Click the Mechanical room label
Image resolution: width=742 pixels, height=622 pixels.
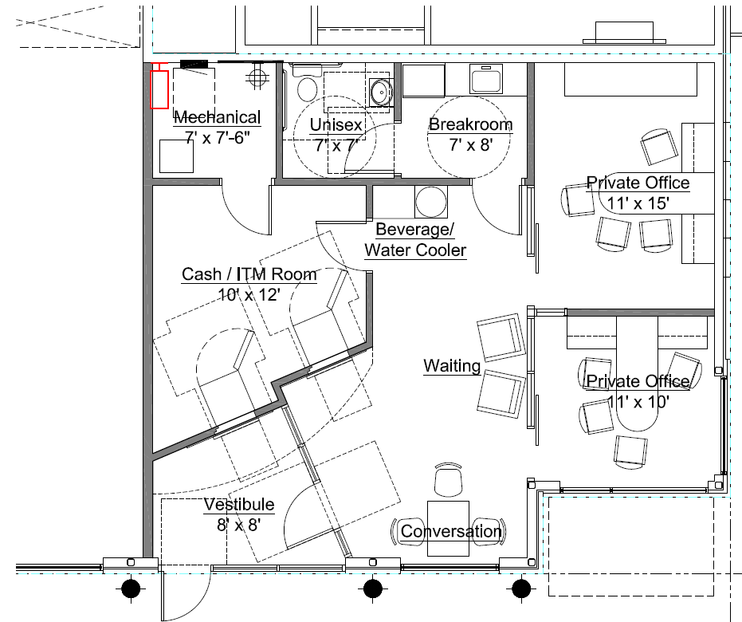pyautogui.click(x=218, y=117)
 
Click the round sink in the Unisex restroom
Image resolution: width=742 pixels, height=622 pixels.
pyautogui.click(x=380, y=92)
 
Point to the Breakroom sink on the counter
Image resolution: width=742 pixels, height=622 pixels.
pyautogui.click(x=486, y=79)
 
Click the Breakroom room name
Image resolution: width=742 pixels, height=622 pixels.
pyautogui.click(x=470, y=124)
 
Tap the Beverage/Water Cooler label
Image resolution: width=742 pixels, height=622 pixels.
pyautogui.click(x=415, y=239)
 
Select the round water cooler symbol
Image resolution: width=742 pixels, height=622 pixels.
pyautogui.click(x=430, y=202)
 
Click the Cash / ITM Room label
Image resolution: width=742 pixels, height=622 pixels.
pyautogui.click(x=249, y=274)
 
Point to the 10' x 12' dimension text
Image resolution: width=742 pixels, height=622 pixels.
pyautogui.click(x=249, y=295)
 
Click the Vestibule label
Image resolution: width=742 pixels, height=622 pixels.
pyautogui.click(x=239, y=504)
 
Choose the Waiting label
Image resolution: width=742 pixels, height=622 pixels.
pyautogui.click(x=452, y=365)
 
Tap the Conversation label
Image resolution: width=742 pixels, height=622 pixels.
pyautogui.click(x=451, y=531)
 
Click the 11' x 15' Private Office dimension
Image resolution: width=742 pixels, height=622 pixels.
pyautogui.click(x=638, y=203)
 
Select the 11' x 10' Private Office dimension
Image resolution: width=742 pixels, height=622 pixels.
pyautogui.click(x=638, y=402)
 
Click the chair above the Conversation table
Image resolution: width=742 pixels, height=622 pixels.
pyautogui.click(x=449, y=479)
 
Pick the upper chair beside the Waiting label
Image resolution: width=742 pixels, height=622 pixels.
pyautogui.click(x=501, y=337)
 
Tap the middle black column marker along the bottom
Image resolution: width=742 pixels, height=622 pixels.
pyautogui.click(x=373, y=589)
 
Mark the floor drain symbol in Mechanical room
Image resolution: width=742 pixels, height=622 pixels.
pyautogui.click(x=257, y=77)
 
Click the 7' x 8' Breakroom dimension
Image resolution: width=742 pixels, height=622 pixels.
pyautogui.click(x=470, y=144)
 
